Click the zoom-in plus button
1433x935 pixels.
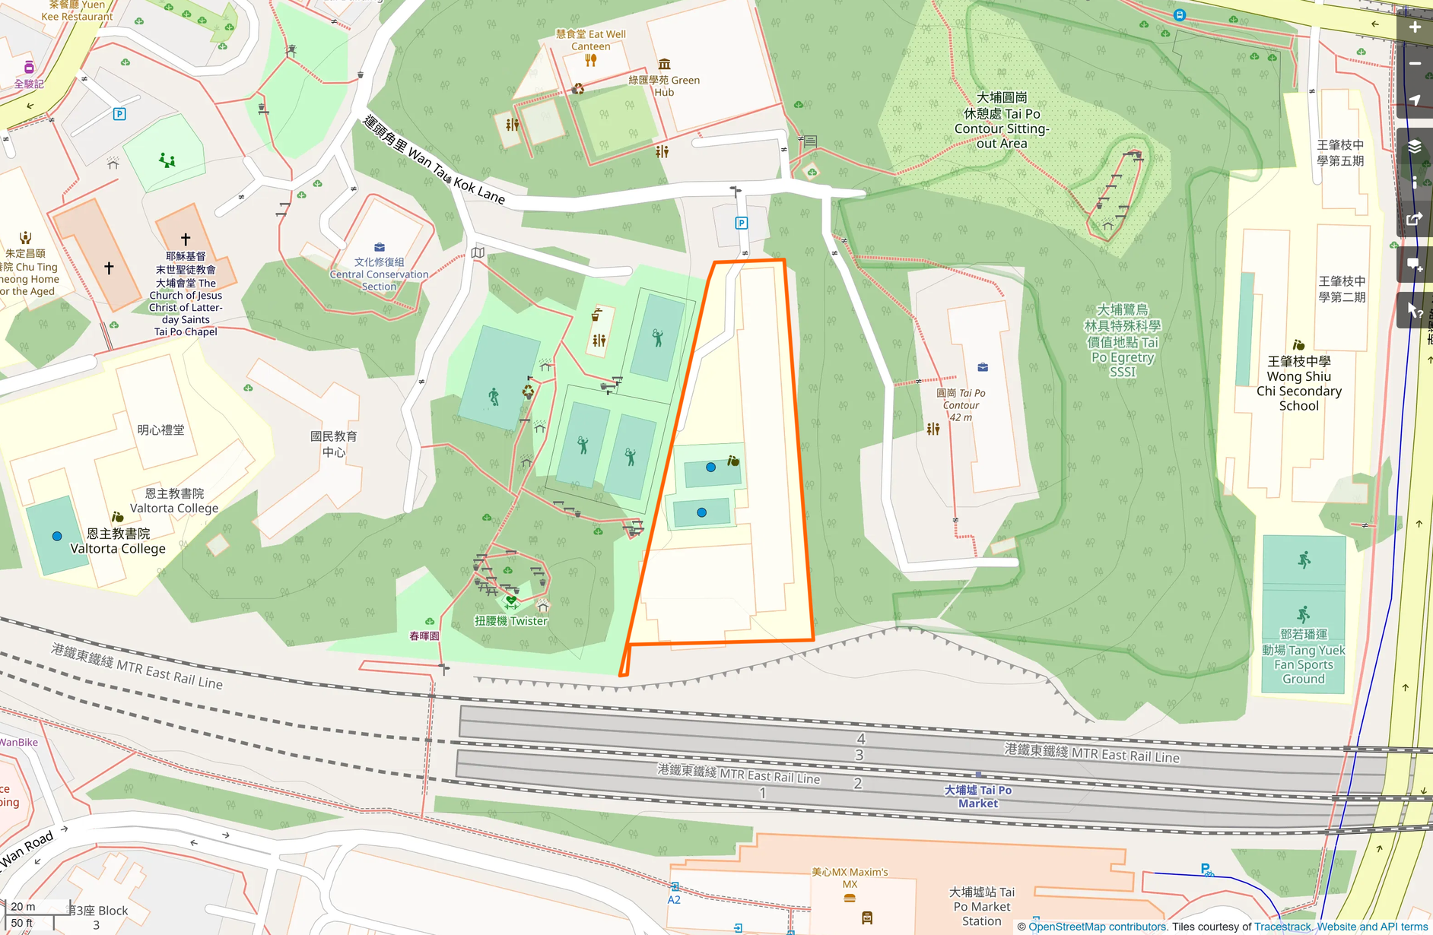tap(1414, 27)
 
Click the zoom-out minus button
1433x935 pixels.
tap(1414, 64)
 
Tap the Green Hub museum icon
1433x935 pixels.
tap(664, 64)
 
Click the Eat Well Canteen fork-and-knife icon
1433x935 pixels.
tap(590, 60)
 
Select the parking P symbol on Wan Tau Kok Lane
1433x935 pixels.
tap(741, 223)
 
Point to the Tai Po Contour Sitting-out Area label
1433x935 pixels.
tap(1002, 120)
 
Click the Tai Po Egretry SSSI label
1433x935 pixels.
tap(1122, 341)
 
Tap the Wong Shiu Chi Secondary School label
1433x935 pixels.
tap(1298, 383)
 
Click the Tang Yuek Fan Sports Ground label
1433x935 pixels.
tap(1303, 657)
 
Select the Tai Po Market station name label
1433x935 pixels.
tap(977, 796)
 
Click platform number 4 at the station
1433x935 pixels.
tap(860, 738)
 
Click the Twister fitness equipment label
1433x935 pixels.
tap(511, 620)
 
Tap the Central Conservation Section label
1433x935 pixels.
tap(379, 274)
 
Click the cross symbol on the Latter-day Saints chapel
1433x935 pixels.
tap(186, 239)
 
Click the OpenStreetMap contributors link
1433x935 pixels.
tap(1097, 927)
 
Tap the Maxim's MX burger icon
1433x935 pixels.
tap(850, 898)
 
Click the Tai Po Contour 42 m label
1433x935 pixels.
tap(961, 405)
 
